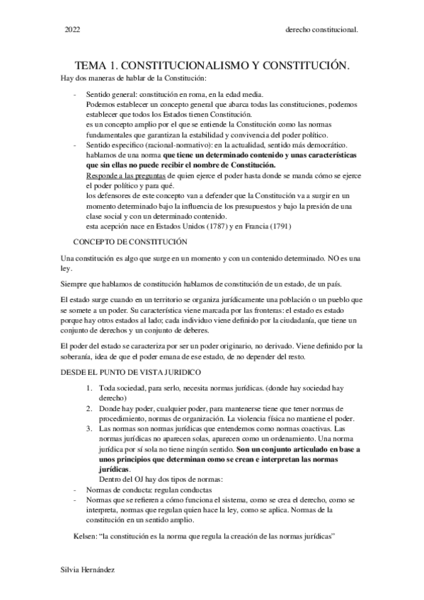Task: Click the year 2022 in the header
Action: pyautogui.click(x=72, y=30)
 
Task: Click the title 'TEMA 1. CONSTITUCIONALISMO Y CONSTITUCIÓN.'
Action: pyautogui.click(x=213, y=65)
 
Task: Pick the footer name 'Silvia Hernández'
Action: pyautogui.click(x=89, y=570)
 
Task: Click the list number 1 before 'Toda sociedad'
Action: pyautogui.click(x=88, y=388)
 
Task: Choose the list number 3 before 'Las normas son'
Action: pyautogui.click(x=88, y=429)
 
